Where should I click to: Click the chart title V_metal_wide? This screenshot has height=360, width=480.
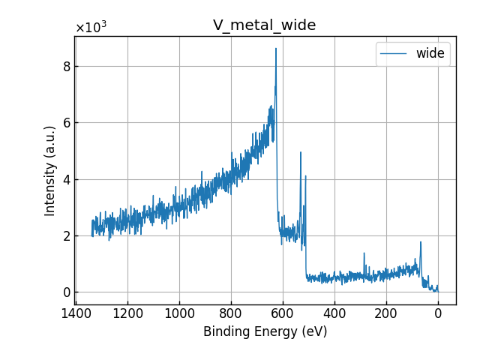264,25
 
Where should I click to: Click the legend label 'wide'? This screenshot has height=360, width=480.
430,53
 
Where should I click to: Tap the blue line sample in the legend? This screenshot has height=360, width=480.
394,53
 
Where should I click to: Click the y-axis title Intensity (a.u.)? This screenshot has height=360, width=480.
50,170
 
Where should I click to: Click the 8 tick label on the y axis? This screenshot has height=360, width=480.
66,66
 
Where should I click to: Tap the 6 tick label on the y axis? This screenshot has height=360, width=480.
66,122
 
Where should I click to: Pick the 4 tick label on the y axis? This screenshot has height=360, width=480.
66,179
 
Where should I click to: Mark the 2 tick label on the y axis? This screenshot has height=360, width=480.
66,235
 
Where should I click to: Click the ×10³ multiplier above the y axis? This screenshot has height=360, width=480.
91,28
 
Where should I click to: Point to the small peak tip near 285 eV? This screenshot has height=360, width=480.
364,253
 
